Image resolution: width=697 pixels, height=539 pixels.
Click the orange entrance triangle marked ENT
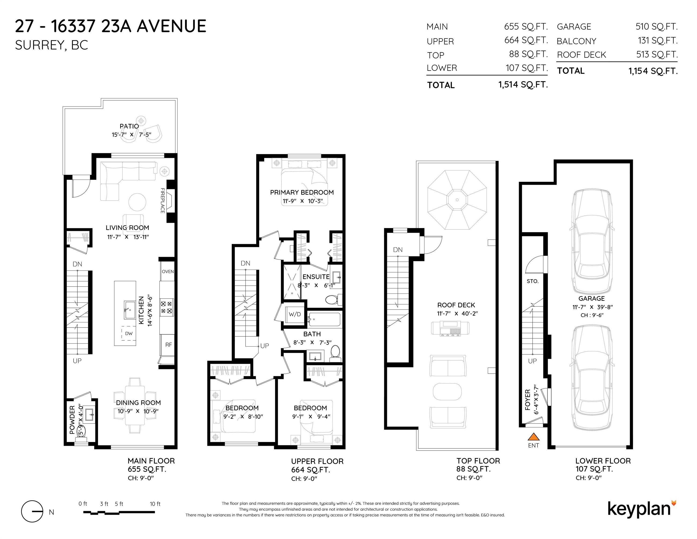click(533, 437)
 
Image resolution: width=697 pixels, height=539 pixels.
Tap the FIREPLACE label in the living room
click(163, 200)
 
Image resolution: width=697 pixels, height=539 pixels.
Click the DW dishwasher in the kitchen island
click(129, 333)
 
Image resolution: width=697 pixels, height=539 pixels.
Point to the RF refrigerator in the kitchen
click(168, 345)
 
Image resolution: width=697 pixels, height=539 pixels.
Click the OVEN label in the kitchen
click(168, 271)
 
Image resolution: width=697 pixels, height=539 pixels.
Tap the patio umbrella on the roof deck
click(457, 200)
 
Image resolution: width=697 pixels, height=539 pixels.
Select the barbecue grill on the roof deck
click(450, 328)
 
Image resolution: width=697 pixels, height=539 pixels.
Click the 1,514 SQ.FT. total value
click(523, 85)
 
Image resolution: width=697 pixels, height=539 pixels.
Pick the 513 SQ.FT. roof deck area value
click(657, 54)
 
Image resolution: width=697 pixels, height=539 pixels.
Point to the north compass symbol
click(32, 511)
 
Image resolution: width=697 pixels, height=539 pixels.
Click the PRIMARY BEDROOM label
click(302, 192)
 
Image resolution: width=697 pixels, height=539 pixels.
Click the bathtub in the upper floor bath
click(324, 319)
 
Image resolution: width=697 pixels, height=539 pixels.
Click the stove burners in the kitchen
click(166, 307)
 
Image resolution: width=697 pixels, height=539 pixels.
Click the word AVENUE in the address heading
click(171, 26)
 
